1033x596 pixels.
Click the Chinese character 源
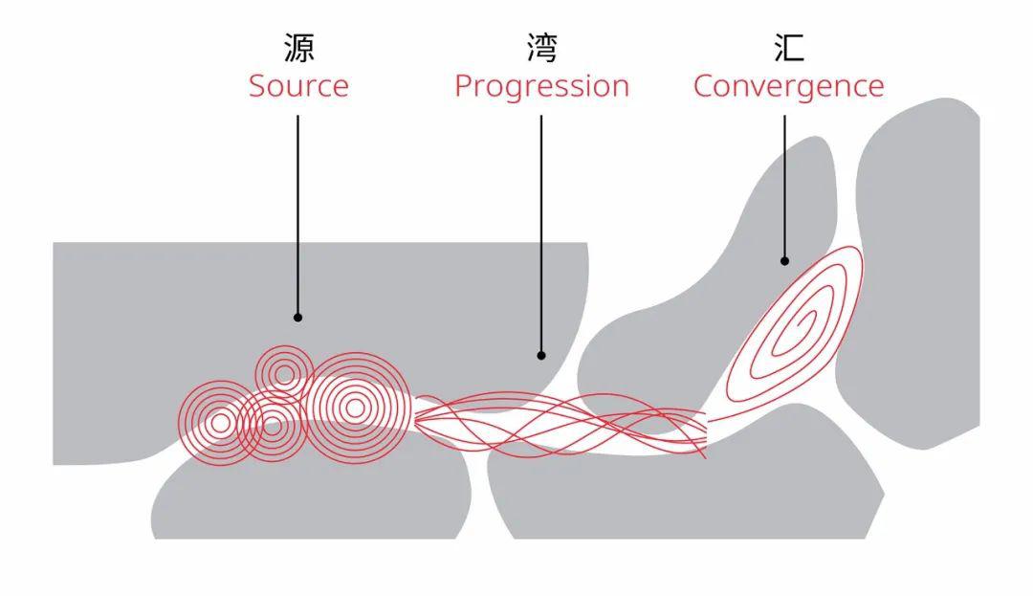298,48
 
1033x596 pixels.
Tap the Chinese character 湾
541,48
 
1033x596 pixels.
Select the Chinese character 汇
788,48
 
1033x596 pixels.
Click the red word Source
298,86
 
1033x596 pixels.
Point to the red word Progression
541,87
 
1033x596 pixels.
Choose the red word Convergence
788,86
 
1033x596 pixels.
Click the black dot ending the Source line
297,317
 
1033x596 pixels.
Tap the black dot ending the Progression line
541,355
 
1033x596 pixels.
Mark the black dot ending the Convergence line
784,260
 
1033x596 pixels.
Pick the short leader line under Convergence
784,187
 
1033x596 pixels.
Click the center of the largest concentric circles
355,408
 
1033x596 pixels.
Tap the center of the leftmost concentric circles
221,423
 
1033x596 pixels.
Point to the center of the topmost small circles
284,373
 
